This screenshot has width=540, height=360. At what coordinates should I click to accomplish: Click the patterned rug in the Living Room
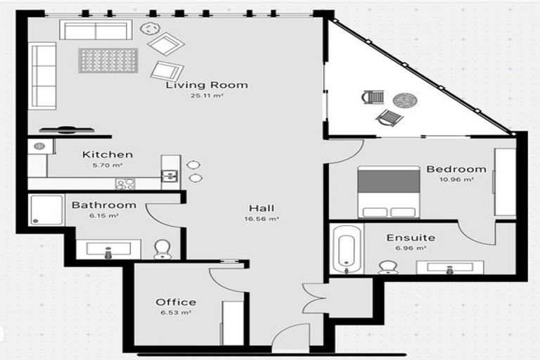pos(108,60)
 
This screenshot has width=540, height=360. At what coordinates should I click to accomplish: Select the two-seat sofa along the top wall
pos(96,30)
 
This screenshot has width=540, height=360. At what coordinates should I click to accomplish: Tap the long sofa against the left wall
pos(42,75)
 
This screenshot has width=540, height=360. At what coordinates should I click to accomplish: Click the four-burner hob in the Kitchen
pos(125,184)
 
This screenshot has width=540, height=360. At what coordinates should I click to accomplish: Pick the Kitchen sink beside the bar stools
pos(169,176)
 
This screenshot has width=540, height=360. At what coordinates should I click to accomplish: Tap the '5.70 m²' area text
pos(108,165)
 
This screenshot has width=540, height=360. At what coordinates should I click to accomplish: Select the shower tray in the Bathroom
pos(47,210)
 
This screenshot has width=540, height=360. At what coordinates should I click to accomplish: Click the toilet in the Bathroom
pos(162,249)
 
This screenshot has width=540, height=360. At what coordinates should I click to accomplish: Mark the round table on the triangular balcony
pos(404,100)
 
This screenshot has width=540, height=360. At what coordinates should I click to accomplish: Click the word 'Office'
pos(176,302)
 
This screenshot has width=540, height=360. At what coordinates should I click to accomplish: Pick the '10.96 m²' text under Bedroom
pos(456,180)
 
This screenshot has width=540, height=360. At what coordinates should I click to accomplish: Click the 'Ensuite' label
pos(411,238)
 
